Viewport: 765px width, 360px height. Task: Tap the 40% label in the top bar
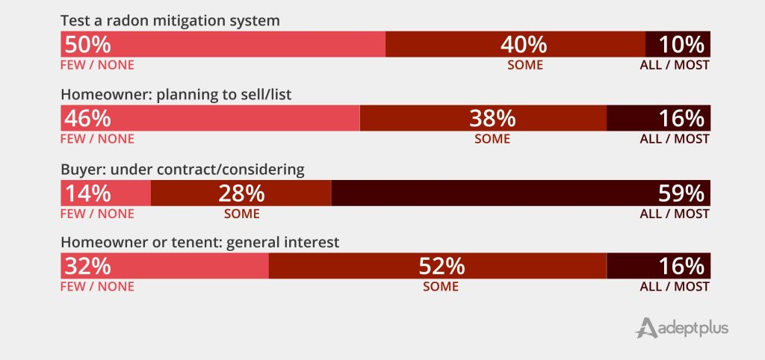coord(524,44)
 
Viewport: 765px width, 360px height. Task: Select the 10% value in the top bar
coord(681,44)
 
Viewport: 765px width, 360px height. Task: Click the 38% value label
coord(492,118)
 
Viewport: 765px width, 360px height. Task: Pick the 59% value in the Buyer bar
coord(681,193)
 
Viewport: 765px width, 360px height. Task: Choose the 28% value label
coord(241,193)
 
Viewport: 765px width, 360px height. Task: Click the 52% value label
coord(442,266)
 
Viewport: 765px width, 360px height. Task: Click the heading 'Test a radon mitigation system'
coord(170,21)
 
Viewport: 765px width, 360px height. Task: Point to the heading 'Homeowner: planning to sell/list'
coord(181,95)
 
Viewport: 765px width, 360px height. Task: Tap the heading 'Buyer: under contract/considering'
coord(182,170)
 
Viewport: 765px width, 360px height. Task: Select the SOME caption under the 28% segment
coord(241,214)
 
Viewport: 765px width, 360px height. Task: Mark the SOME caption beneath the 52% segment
coord(441,287)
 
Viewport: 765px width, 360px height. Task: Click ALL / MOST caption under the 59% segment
coord(675,214)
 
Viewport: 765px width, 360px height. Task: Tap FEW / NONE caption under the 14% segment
coord(97,214)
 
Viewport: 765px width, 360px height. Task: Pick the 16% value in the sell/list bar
coord(681,118)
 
